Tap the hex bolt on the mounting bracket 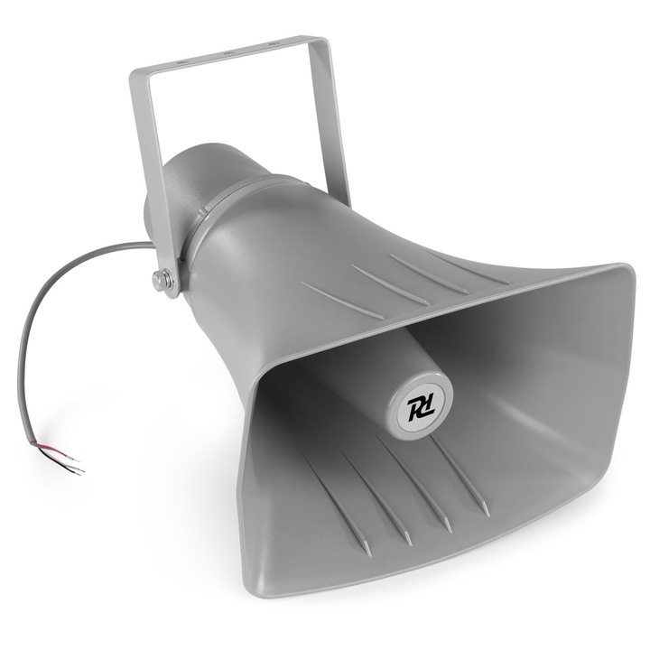pyautogui.click(x=163, y=280)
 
